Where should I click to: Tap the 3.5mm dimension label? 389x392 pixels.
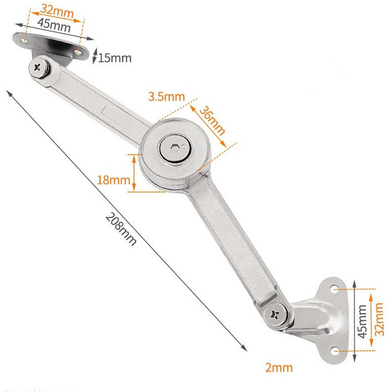pos(166,97)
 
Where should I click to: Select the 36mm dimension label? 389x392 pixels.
pos(212,121)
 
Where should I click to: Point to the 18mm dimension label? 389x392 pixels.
pos(113,180)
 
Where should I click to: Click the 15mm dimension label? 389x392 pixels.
pos(115,58)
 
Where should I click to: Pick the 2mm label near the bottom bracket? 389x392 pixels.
pos(279,368)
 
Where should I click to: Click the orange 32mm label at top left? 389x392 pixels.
pos(57,11)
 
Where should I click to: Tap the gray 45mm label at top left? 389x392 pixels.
pos(54,25)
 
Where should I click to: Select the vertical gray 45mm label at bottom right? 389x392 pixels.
pos(362,322)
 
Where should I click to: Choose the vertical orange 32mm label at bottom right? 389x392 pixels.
pos(379,319)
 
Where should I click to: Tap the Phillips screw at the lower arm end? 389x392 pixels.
pos(275,314)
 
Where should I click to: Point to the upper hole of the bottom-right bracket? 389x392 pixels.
pos(335,289)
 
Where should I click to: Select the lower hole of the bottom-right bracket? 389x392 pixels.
pos(335,351)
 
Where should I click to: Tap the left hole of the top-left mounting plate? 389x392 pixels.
pos(24,41)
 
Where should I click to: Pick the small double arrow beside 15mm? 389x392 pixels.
pos(95,56)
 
